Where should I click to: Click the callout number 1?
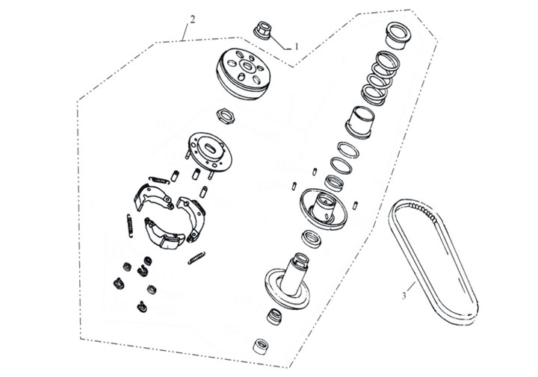tap(297, 46)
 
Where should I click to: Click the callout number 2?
tap(193, 19)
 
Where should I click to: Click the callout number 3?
tap(404, 295)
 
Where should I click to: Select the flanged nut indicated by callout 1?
tap(262, 31)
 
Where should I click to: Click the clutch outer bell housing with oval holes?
tap(242, 73)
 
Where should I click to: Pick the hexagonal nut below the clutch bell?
tap(226, 116)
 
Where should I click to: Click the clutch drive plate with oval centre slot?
tap(209, 152)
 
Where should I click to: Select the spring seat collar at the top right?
tap(398, 35)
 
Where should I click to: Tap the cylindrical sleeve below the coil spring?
tap(361, 122)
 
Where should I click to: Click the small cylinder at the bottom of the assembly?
tap(261, 346)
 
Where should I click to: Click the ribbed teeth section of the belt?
tap(423, 211)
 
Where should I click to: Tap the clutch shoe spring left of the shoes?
tap(130, 225)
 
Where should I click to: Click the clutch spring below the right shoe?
tap(197, 258)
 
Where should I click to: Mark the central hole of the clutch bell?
tap(246, 65)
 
